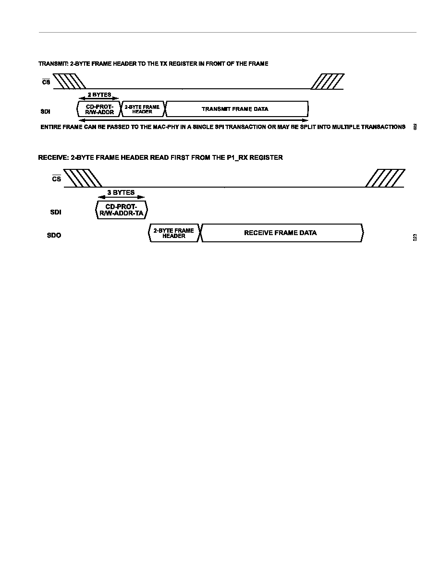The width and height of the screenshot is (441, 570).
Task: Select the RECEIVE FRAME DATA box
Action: click(282, 233)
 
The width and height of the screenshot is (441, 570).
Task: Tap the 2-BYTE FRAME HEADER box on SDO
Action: click(174, 233)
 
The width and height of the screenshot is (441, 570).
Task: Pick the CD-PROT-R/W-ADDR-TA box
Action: click(121, 210)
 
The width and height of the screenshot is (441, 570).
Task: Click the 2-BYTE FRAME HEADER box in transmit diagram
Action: click(142, 109)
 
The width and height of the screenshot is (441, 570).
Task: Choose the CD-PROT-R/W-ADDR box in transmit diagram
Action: click(99, 109)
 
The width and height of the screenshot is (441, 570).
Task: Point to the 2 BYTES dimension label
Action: click(99, 95)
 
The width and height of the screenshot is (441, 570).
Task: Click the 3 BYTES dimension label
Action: click(121, 192)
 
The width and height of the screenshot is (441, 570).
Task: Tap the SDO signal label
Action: click(54, 235)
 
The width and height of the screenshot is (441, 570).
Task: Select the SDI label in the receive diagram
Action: click(56, 212)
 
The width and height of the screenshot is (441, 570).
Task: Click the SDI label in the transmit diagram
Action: click(46, 112)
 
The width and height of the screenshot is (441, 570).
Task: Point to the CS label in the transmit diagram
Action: click(46, 82)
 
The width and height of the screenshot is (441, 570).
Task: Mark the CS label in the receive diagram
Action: click(56, 178)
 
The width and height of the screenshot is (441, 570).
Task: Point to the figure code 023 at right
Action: click(415, 238)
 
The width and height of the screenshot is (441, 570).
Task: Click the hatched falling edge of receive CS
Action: click(79, 178)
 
